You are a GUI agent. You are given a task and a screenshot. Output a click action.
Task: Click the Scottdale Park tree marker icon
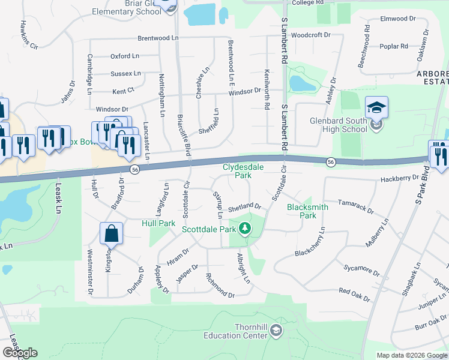244,229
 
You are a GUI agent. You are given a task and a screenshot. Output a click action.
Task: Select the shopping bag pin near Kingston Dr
112,233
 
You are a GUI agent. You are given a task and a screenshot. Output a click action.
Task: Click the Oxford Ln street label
124,56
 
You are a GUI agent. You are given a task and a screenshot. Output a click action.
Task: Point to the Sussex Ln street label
125,74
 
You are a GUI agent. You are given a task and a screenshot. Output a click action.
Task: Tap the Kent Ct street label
124,92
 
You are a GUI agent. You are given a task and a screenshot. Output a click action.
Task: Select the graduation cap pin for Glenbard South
376,108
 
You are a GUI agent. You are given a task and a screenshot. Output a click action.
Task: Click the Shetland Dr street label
244,206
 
